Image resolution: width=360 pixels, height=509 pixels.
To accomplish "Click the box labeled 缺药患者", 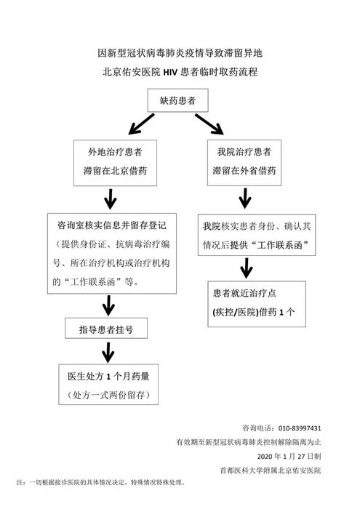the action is pos(178,100).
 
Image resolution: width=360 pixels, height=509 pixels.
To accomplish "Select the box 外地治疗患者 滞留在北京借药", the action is pos(115,163).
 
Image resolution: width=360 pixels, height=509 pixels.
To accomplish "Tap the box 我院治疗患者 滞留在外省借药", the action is pos(244,163).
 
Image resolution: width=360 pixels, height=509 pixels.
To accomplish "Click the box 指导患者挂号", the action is pos(106,328).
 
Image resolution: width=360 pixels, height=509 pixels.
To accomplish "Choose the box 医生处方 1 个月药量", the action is pos(108,385).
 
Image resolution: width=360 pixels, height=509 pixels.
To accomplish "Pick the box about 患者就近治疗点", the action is pos(257,304).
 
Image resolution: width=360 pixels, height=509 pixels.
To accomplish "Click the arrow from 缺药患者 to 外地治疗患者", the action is pos(141,124).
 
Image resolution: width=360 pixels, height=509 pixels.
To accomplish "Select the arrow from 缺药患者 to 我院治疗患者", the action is pos(209,124).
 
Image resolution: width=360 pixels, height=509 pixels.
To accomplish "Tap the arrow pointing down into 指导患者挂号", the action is pos(108,305).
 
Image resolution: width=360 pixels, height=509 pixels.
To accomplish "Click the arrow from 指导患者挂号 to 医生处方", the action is pos(108,352).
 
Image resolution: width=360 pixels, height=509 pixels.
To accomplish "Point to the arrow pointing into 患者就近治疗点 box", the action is pos(247,268).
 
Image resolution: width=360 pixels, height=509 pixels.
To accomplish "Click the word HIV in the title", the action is pos(170,72).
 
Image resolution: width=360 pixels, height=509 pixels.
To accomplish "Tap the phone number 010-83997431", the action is pos(300,428).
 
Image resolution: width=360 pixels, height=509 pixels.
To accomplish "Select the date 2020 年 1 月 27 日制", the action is pos(289,457).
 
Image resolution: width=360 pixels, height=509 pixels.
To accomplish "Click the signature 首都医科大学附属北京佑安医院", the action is pos(271,470).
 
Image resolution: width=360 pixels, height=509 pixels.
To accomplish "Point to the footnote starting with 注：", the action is pos(101,482).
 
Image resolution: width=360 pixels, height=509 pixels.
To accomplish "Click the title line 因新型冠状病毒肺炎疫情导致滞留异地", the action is pos(180,53).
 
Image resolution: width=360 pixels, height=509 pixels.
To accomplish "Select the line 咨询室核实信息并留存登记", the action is pos(112,225).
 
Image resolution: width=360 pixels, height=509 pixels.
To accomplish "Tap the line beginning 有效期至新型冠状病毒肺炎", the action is pos(249,442).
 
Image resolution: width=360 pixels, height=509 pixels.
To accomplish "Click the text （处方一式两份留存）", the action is pos(108,395).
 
